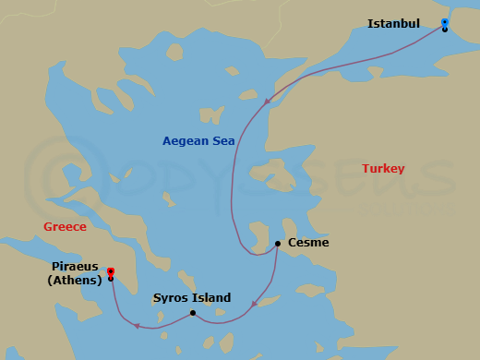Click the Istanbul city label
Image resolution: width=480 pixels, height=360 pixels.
pos(393,23)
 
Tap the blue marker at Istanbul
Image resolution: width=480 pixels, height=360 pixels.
pos(445,21)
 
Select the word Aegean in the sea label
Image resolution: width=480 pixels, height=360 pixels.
pos(186,141)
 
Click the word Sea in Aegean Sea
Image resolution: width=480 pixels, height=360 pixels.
pos(222,141)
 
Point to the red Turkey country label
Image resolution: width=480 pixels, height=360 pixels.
pos(383,169)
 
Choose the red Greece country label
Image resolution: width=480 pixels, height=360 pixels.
pos(65,227)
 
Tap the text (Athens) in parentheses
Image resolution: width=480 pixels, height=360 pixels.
pos(74,282)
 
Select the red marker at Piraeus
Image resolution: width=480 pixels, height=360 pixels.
pos(110,271)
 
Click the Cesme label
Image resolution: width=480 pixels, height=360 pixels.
pos(308,244)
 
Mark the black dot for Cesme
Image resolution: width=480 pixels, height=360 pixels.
pos(278,244)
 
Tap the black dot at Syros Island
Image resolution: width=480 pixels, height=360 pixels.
pos(192,313)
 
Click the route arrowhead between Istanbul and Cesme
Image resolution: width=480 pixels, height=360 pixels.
pos(267,102)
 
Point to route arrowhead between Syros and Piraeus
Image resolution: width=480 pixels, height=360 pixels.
pos(136,325)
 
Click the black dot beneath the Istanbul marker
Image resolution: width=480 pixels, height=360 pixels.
pos(445,30)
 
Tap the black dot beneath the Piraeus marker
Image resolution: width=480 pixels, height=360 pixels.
pos(110,279)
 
